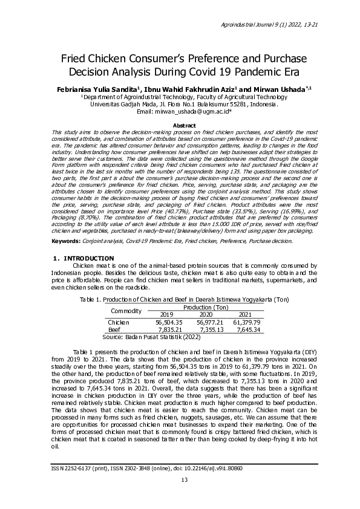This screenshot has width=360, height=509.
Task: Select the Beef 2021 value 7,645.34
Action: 246,330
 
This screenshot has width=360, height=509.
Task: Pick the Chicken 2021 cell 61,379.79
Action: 246,323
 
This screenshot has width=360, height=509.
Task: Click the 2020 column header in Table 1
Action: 206,315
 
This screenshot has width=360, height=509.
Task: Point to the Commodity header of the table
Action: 125,311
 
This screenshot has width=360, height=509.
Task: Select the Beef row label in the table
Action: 114,330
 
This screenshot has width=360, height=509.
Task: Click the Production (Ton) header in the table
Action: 206,308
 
